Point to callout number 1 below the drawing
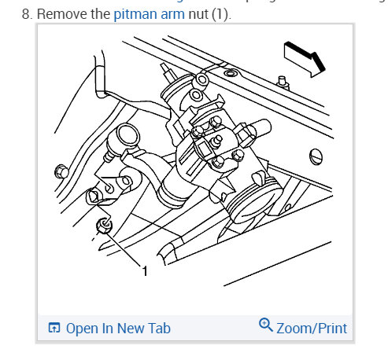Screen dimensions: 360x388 pos(145,270)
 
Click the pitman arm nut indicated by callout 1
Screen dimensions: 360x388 pos(102,228)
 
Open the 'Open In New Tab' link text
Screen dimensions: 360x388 pos(117,329)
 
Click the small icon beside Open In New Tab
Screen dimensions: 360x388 pos(54,329)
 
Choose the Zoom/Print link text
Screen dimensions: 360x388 pos(311,329)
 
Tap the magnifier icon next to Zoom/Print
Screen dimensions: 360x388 pos(265,327)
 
